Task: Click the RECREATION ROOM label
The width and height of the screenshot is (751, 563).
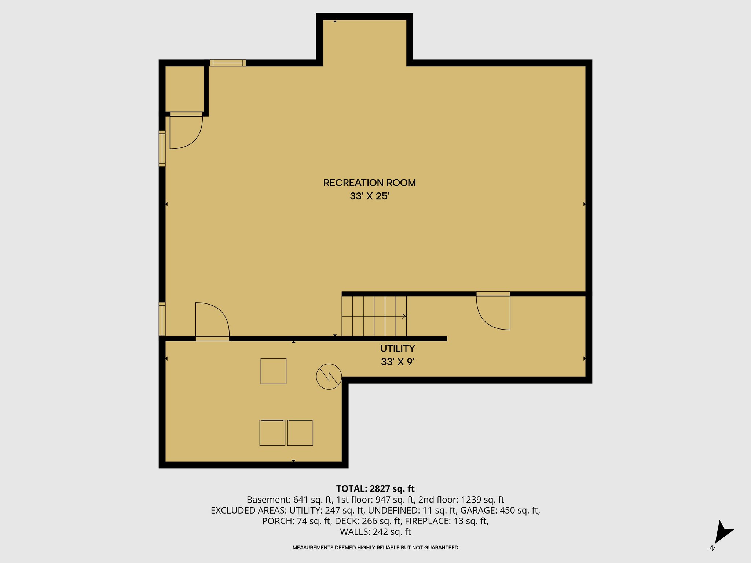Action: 369,183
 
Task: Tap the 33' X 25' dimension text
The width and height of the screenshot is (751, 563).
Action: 369,196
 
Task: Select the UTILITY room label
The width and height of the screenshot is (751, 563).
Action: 398,349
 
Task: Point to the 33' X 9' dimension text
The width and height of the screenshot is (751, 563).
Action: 398,362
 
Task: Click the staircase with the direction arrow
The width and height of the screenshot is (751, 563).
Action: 374,316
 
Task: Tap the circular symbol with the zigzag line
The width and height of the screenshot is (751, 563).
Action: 329,376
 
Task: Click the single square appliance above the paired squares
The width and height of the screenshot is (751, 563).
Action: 273,371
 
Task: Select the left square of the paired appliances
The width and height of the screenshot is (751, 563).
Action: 272,433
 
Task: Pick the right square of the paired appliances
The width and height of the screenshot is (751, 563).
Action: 300,433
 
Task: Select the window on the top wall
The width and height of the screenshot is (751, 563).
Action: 228,63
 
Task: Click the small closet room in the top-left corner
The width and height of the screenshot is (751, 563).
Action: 184,89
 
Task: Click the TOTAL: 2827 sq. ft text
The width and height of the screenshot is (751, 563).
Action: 375,489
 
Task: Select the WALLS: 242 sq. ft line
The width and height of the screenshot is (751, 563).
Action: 375,532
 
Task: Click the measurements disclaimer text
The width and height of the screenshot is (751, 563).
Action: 375,548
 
